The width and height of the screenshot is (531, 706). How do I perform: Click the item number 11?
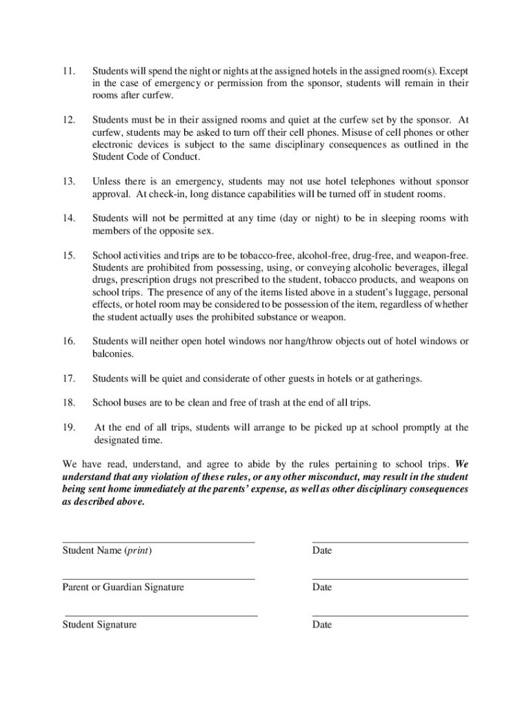(x=68, y=71)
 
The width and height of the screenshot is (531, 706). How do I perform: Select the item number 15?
(x=68, y=255)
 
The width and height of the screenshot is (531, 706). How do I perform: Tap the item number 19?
(x=68, y=427)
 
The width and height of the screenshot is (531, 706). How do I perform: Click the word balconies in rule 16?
(x=113, y=354)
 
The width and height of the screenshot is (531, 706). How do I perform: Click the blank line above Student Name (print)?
(x=159, y=542)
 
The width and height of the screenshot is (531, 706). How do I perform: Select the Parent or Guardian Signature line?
(x=159, y=578)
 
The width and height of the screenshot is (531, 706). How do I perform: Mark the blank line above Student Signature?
(x=161, y=615)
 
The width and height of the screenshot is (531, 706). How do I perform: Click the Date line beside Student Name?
(x=390, y=542)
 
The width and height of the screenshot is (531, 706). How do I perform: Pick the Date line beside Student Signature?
(x=390, y=615)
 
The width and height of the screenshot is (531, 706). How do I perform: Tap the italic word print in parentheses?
(x=139, y=551)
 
